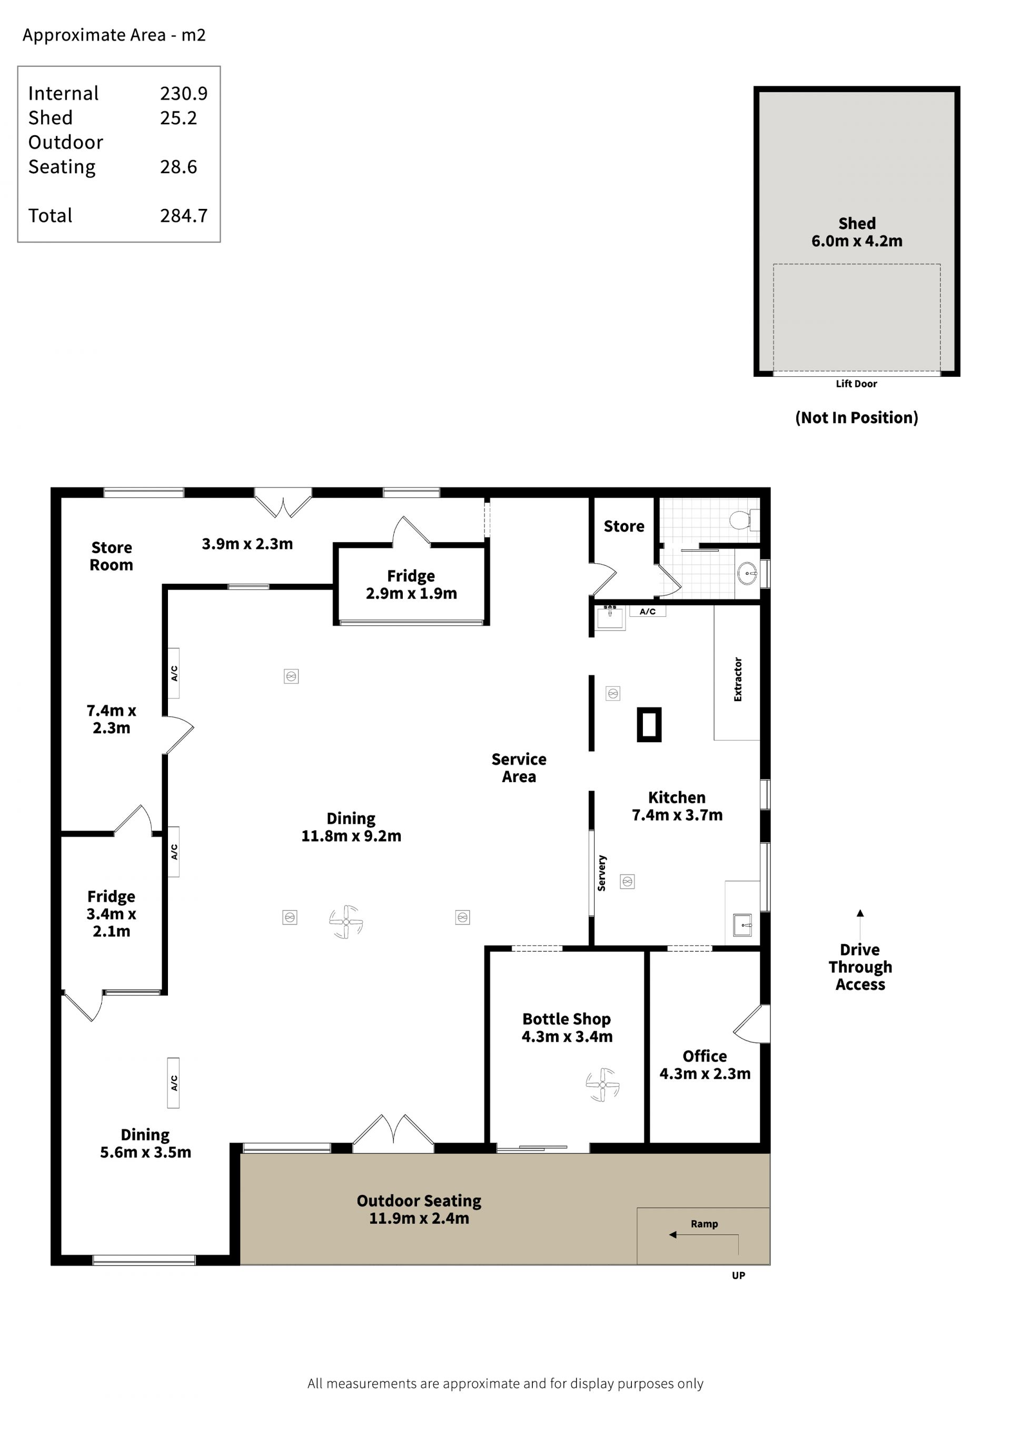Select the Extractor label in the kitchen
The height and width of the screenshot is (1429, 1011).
738,679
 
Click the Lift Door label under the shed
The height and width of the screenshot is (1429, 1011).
856,384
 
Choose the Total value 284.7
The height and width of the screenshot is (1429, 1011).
184,215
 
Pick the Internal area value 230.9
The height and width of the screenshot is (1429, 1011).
184,93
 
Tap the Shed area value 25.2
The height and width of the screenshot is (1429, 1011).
179,117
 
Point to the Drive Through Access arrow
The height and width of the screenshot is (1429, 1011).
860,924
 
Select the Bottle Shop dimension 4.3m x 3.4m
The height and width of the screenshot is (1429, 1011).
567,1036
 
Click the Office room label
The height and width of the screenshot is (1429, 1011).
705,1056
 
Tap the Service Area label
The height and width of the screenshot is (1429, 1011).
519,768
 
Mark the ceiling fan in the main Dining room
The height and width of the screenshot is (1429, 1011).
346,922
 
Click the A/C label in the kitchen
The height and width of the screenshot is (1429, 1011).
648,611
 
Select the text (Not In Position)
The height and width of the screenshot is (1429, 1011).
857,417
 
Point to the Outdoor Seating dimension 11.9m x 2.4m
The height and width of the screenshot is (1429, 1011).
419,1218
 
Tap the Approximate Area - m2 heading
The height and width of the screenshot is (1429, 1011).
114,35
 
